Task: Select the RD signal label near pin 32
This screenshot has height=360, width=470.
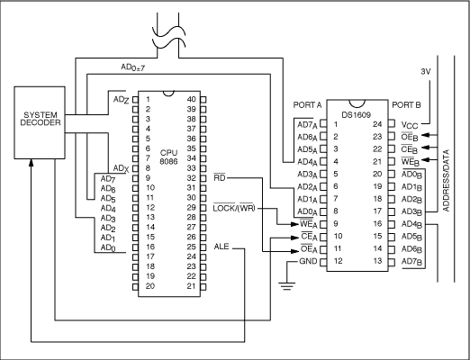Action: (x=221, y=178)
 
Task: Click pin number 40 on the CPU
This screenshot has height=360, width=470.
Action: (x=191, y=98)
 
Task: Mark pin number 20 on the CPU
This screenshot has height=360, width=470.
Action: (x=149, y=285)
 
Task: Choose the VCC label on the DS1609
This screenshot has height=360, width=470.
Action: (x=410, y=123)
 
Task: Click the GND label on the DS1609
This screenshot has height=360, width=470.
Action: (x=307, y=261)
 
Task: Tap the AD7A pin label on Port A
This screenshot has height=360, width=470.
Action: (x=306, y=123)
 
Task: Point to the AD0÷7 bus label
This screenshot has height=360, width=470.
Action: (x=134, y=67)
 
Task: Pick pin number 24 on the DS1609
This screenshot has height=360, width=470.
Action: (x=378, y=123)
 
